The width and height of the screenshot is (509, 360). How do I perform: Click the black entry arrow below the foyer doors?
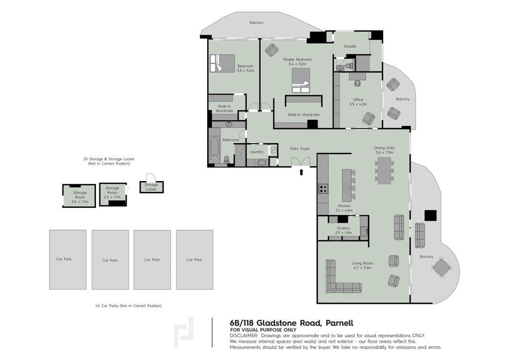coord(301,172)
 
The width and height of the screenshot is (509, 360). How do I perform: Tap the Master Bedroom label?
coord(297,59)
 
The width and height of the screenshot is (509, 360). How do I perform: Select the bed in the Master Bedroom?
coord(301,81)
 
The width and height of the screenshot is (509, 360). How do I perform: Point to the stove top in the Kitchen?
coord(323,188)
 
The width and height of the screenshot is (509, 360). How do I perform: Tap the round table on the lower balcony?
coord(441,268)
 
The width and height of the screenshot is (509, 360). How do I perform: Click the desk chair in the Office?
coord(358,83)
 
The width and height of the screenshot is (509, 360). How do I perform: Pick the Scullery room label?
coord(343,228)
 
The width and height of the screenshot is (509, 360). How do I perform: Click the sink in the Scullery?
coord(363,231)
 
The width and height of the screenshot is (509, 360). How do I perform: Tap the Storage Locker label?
coord(151,187)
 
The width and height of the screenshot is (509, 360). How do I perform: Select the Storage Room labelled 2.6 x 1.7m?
coord(79,196)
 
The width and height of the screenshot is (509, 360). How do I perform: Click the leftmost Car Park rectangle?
coord(68,260)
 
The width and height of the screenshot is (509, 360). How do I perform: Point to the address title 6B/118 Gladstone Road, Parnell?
coord(291,323)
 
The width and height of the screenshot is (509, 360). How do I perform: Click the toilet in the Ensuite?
coord(349,66)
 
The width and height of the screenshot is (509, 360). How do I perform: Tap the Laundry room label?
coord(256,152)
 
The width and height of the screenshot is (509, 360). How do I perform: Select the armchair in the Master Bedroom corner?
coord(272,50)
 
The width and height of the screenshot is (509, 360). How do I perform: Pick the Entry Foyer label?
coord(300,149)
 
